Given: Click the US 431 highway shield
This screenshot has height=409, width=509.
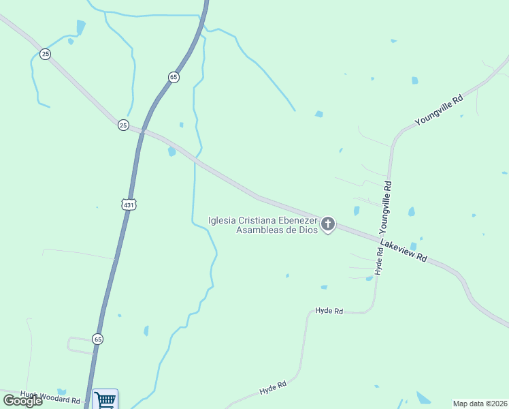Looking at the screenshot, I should [129, 204].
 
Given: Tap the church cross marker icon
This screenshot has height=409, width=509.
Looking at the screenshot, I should [328, 224].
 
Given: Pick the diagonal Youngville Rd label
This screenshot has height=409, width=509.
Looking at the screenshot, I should [439, 110].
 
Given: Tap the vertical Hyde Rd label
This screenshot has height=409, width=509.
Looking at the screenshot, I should [379, 261].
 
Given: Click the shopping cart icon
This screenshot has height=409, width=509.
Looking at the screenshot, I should [105, 399].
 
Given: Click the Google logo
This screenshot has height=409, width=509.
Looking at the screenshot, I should [22, 401].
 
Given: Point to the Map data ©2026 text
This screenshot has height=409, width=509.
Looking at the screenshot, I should [479, 403].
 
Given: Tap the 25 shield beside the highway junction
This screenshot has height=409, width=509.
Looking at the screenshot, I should [123, 125].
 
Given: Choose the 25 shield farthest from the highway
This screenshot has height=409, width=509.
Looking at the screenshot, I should [45, 54].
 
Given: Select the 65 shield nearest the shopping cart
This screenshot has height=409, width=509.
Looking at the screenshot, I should [98, 339].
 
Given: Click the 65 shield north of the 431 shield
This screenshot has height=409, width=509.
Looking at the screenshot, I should [174, 77].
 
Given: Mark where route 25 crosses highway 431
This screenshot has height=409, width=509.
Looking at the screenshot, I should [142, 130].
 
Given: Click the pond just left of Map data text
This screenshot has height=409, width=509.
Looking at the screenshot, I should [423, 397].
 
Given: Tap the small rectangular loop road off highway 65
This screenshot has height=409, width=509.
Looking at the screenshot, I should [80, 345].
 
